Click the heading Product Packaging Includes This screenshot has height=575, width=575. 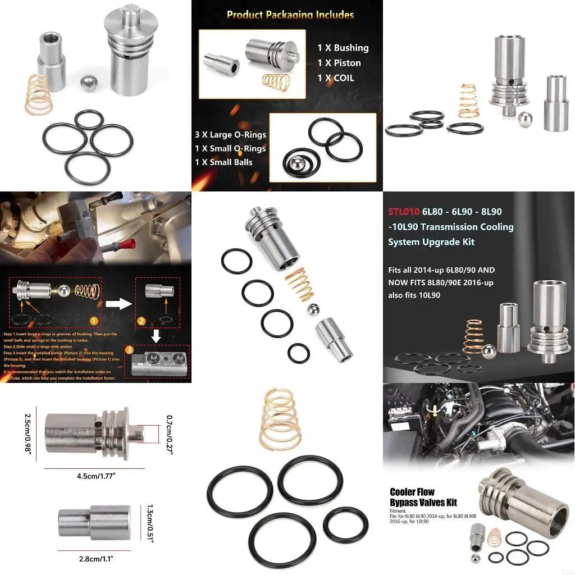pos(290,15)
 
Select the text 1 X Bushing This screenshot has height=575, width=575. pos(343,48)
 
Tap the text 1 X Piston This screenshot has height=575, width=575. pos(339,63)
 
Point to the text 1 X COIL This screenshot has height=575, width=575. pos(335,78)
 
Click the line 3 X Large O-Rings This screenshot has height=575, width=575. pos(230,134)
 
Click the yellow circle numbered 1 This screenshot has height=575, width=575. pos(94,322)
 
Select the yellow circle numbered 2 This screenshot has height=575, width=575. pos(142,321)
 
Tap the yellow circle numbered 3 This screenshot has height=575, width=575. pos(130,349)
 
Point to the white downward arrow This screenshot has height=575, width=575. pos(158,335)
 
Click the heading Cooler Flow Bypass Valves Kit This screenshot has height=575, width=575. pos(420,496)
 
